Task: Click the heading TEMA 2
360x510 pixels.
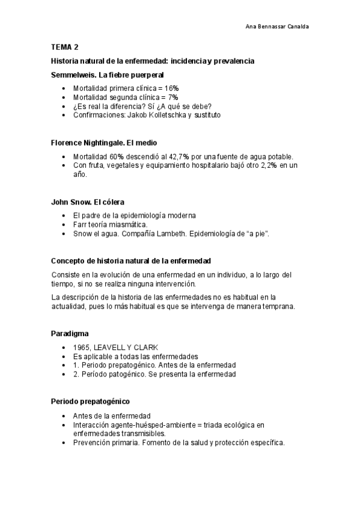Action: [x=65, y=47]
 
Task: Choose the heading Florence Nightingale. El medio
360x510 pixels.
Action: [x=104, y=144]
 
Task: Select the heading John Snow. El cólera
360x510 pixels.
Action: [x=88, y=202]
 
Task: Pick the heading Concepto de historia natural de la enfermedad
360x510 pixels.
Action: [x=130, y=261]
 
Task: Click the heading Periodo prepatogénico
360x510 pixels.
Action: [x=90, y=401]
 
